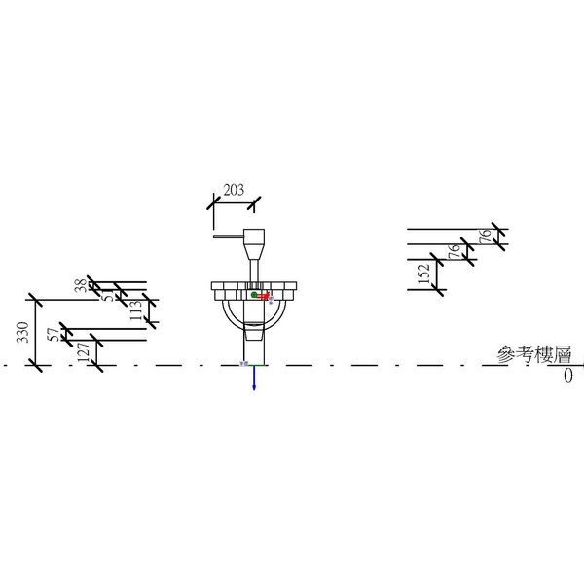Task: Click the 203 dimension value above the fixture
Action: (x=234, y=191)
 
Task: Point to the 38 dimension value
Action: (x=80, y=285)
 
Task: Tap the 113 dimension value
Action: (x=136, y=310)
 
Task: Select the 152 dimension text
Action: (x=422, y=275)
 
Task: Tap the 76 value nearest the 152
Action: (x=453, y=252)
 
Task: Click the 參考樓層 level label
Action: (x=532, y=354)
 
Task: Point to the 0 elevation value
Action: (x=567, y=375)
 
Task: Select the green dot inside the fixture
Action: (x=253, y=294)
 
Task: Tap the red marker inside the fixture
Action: (x=263, y=296)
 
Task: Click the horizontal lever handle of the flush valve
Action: (x=228, y=235)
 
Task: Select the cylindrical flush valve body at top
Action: (x=255, y=238)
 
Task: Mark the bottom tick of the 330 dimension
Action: (x=35, y=365)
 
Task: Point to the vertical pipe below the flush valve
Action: (x=255, y=268)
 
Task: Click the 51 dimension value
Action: (x=108, y=296)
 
